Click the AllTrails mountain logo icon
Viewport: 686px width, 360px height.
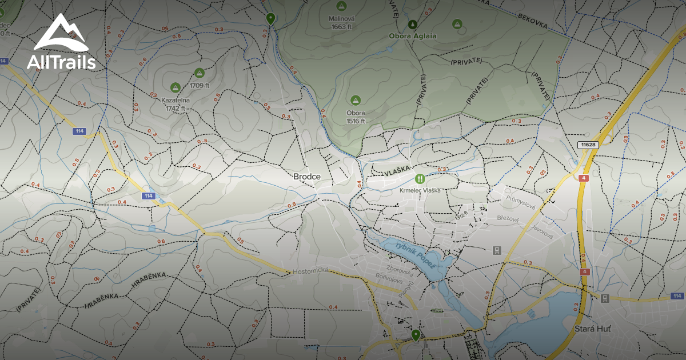(61, 33)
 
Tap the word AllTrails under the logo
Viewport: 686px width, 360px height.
(61, 62)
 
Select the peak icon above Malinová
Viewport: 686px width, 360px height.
(341, 6)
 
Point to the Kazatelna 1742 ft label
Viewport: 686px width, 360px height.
(176, 104)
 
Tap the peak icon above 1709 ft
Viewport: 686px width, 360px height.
(199, 73)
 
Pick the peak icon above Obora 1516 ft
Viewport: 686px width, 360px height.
(356, 100)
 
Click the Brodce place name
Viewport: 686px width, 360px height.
(306, 177)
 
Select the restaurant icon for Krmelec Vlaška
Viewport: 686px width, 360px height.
(420, 178)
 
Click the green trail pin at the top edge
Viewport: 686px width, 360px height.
(270, 19)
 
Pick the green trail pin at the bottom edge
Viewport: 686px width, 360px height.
(416, 335)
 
